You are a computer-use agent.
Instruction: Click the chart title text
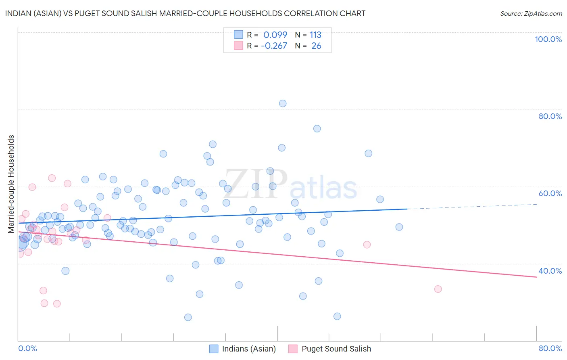point(186,13)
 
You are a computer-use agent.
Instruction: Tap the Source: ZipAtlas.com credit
point(531,13)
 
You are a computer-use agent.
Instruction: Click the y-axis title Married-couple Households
point(11,184)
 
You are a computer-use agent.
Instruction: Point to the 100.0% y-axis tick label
point(548,39)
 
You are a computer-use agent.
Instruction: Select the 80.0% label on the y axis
point(550,116)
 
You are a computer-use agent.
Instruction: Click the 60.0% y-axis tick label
point(550,193)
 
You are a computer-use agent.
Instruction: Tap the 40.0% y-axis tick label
point(550,271)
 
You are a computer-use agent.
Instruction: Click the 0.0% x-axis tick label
point(27,348)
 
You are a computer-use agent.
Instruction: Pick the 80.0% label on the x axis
point(550,348)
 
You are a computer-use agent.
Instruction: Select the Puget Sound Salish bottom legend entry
point(336,349)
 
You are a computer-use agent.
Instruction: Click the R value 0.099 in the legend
point(275,35)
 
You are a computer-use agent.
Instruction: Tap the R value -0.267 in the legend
point(274,46)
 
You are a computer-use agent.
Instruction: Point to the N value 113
point(315,35)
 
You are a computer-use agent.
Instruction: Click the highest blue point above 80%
point(283,103)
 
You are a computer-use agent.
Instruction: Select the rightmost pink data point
point(438,289)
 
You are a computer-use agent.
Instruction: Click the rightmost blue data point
point(399,227)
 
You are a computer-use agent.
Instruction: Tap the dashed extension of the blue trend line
point(472,207)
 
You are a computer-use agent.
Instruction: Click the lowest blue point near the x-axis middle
point(188,317)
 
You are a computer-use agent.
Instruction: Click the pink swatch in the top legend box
point(238,46)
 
